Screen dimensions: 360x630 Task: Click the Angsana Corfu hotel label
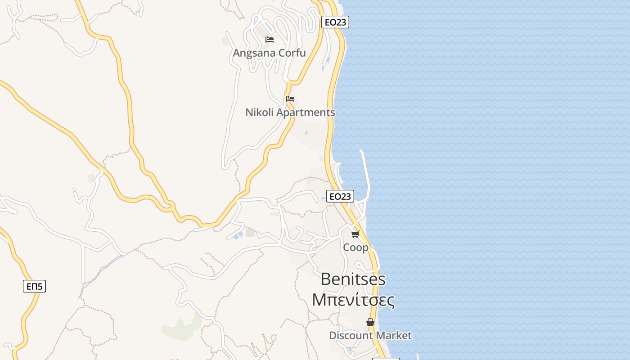point(269,53)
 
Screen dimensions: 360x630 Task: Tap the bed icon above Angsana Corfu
point(270,40)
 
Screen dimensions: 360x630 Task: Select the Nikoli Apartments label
point(290,112)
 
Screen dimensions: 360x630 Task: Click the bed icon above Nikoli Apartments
point(290,99)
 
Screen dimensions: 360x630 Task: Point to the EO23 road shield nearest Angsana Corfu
point(335,22)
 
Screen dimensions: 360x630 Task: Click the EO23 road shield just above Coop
point(340,196)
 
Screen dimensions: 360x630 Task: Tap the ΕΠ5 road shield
point(35,286)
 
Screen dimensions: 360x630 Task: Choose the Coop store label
point(355,247)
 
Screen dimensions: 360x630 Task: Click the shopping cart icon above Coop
point(355,234)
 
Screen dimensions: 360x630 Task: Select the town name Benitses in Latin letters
point(353,279)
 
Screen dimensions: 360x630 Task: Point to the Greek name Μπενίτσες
point(353,300)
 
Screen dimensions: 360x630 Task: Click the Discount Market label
point(370,336)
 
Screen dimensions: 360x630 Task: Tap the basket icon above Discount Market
point(370,322)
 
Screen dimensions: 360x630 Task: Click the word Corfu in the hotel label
point(292,53)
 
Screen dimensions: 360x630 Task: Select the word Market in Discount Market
point(394,336)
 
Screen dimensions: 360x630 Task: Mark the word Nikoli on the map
point(259,112)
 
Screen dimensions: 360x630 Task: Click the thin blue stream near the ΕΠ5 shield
point(101,270)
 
